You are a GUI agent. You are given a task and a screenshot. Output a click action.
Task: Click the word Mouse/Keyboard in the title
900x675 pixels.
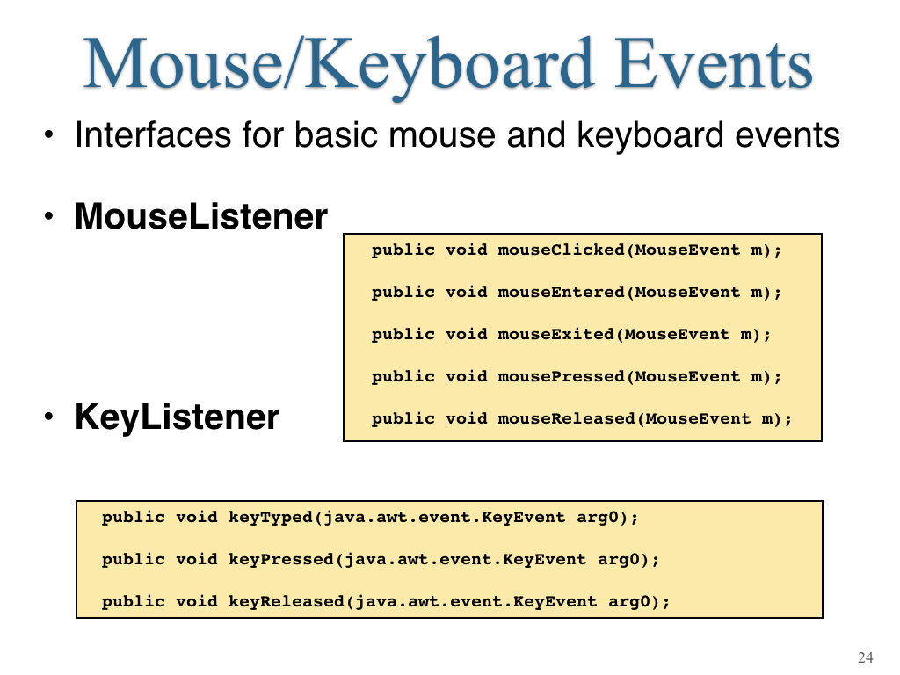(338, 64)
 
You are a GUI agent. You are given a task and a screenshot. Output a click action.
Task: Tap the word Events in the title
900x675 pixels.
(714, 63)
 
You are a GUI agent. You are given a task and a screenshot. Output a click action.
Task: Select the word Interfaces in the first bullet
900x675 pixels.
(152, 134)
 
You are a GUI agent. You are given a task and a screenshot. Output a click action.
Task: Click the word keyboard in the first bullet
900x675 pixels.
(650, 136)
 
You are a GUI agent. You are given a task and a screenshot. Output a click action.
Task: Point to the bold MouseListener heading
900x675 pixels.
(201, 216)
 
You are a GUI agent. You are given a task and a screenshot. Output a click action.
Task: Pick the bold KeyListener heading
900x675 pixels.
(177, 417)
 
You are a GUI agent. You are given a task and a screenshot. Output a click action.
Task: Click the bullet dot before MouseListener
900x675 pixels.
(49, 217)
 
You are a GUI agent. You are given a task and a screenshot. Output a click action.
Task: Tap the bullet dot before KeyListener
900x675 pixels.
(49, 417)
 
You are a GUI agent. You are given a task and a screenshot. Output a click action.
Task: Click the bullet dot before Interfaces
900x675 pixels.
(49, 136)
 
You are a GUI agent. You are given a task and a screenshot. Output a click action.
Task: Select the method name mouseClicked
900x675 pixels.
(561, 250)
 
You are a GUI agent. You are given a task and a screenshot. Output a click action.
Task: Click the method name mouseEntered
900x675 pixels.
(561, 292)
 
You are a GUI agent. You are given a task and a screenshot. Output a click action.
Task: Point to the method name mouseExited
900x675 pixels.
(555, 334)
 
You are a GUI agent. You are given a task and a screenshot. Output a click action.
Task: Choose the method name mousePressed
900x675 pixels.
(561, 376)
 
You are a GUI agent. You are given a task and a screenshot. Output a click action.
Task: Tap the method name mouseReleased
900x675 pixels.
(566, 418)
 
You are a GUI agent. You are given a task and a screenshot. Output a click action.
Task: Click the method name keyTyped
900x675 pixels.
(271, 518)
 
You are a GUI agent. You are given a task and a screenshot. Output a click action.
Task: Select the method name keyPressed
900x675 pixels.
(280, 560)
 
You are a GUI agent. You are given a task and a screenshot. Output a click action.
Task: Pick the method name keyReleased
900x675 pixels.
(286, 601)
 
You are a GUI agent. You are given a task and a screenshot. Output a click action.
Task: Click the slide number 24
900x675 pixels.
(866, 657)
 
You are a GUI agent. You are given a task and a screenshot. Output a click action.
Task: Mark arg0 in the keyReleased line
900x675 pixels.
(629, 602)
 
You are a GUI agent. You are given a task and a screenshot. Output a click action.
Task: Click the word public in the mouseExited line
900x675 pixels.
(403, 335)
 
